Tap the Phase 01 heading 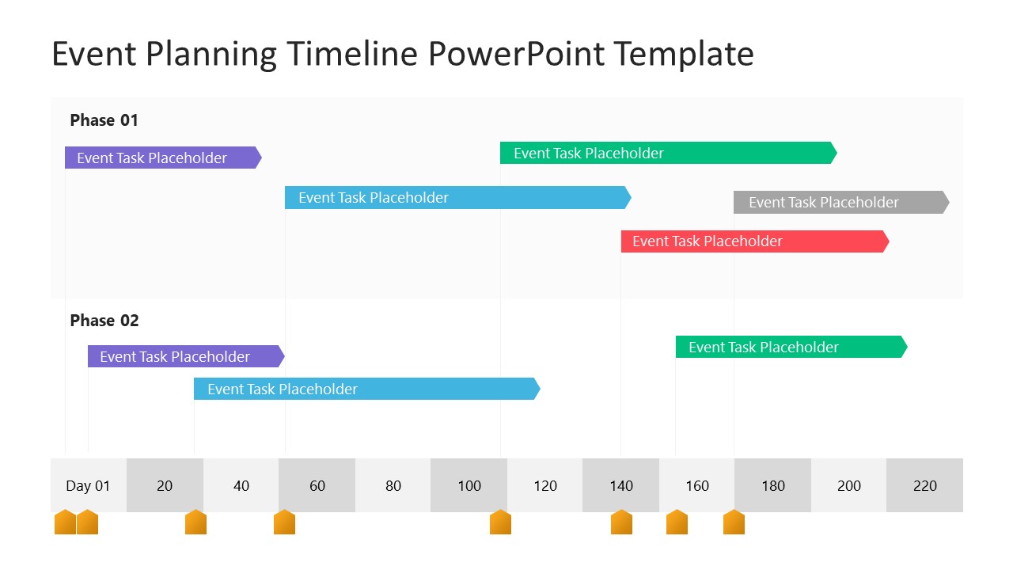coord(104,120)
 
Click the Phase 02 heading coord(104,321)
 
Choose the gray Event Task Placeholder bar coord(840,202)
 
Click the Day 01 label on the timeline coord(88,485)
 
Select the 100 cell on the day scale coord(469,485)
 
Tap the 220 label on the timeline coord(924,485)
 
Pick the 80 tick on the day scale coord(393,485)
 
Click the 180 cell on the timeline coord(773,485)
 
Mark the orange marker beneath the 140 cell coord(621,522)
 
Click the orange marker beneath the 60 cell coord(284,522)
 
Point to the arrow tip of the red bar coord(886,241)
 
